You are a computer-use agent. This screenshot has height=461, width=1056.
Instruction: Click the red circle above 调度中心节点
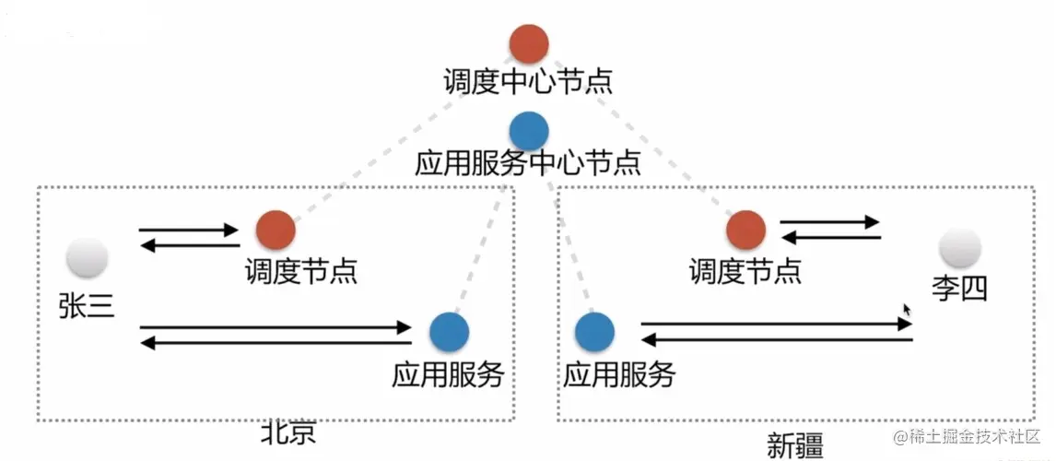pos(529,43)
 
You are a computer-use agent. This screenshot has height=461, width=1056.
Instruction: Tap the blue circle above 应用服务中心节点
pos(529,130)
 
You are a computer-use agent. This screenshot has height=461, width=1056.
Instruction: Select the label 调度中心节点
pos(528,82)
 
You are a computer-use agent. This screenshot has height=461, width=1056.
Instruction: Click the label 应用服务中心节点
pos(528,164)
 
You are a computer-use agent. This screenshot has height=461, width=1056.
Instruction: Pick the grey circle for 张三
pos(88,258)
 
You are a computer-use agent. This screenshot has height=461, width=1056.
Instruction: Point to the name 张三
pos(87,305)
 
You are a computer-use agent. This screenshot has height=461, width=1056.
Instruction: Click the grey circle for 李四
pos(960,248)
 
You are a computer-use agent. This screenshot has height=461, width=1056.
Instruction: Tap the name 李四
pos(960,290)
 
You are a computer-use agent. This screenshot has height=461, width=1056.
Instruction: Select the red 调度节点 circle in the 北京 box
pos(276,230)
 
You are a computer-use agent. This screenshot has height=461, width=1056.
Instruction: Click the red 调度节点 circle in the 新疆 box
pos(745,230)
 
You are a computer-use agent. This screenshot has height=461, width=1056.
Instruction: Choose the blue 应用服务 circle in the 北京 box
pos(449,331)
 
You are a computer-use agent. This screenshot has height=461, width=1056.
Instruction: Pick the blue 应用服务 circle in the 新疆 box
pos(594,332)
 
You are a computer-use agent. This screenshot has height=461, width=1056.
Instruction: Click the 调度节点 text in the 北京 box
pos(300,272)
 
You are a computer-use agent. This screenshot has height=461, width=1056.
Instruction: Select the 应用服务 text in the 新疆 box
pos(619,374)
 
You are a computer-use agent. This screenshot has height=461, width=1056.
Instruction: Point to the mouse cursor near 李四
pos(908,311)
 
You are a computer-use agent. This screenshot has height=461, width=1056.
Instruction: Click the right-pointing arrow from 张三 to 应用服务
pos(276,326)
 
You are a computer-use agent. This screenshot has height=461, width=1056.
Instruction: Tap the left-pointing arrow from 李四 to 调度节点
pos(830,238)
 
